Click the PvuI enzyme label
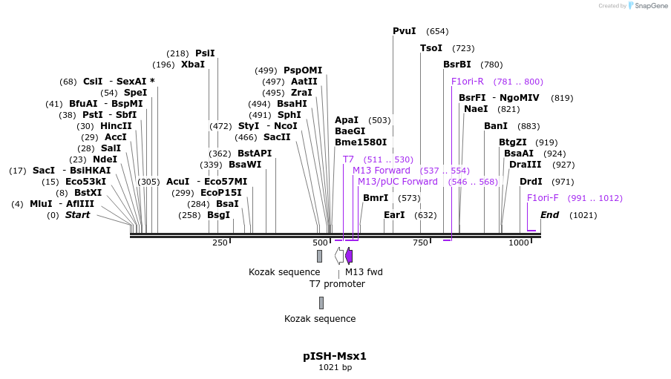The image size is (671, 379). coord(405,31)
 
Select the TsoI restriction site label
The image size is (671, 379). coord(431,48)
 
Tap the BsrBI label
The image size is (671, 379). coord(457,65)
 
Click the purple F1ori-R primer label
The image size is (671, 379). coord(468,82)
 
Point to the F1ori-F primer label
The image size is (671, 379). coord(543,198)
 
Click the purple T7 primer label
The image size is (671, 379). coord(348,159)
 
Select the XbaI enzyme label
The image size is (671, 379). coord(193,65)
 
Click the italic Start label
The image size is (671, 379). coord(77,215)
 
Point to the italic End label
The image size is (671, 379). coord(549,215)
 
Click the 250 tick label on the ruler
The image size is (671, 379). coord(220,243)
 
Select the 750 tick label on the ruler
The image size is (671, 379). coord(420,243)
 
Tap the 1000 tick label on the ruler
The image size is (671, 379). coord(519,243)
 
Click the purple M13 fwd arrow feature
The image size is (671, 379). coord(349,256)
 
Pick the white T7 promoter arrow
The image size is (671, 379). coord(339,256)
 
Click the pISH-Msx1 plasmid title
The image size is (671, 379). coord(335,356)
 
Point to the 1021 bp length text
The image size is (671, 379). coord(335,367)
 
